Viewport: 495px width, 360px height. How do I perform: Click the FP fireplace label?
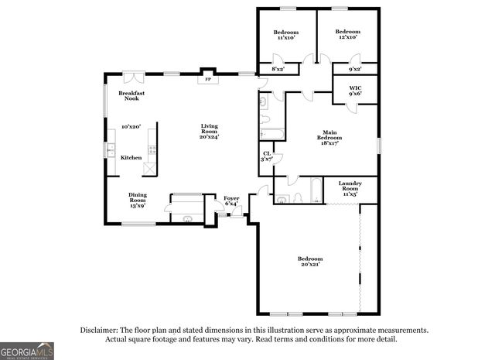pyautogui.click(x=207, y=79)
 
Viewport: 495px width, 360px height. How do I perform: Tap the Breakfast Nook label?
pyautogui.click(x=131, y=96)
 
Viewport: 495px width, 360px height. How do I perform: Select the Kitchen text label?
pyautogui.click(x=131, y=158)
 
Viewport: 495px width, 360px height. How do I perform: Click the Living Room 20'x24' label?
pyautogui.click(x=210, y=131)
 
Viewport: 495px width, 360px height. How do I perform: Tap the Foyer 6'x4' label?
pyautogui.click(x=231, y=201)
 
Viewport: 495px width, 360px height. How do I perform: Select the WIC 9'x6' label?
pyautogui.click(x=355, y=91)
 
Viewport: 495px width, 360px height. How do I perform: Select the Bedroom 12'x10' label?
pyautogui.click(x=346, y=33)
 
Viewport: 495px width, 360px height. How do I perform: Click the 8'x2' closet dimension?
pyautogui.click(x=278, y=70)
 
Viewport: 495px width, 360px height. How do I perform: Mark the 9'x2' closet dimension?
pyautogui.click(x=355, y=70)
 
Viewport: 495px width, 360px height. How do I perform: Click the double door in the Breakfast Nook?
pyautogui.click(x=133, y=76)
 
